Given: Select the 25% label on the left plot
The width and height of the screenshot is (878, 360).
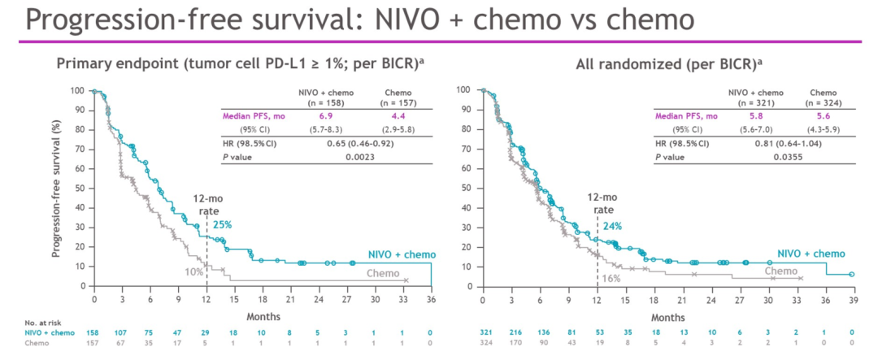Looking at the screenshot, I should (x=223, y=224).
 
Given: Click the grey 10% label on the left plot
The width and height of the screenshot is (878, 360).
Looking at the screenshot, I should (x=193, y=271).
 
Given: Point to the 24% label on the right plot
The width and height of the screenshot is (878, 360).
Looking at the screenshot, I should (x=612, y=226).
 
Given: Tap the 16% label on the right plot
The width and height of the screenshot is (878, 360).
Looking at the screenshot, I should (x=612, y=279).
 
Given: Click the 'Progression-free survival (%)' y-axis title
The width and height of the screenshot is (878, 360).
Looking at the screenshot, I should (x=57, y=187).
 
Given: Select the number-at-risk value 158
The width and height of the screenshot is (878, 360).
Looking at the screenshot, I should (x=94, y=333).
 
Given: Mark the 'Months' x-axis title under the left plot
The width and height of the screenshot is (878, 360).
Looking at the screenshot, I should (x=262, y=315).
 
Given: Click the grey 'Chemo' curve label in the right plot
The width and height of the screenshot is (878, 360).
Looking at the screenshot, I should (x=780, y=271).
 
